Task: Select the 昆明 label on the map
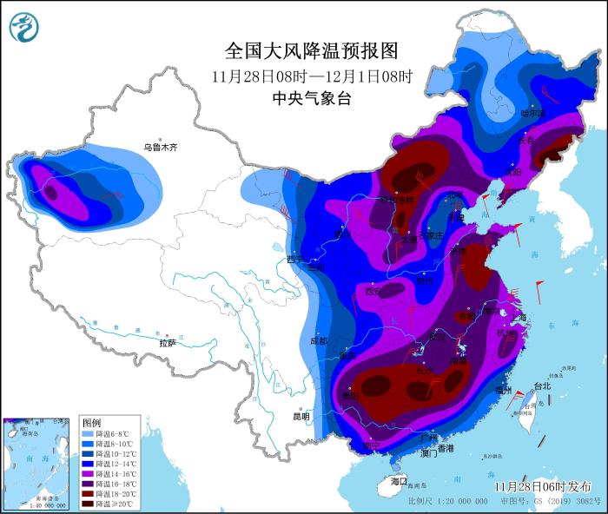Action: [301, 417]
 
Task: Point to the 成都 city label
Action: [318, 341]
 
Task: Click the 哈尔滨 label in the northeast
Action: [532, 113]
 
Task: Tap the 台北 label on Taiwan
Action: [542, 385]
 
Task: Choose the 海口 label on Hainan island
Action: [399, 480]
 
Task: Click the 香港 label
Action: [445, 449]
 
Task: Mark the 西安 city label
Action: [374, 292]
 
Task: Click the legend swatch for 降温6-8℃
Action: [89, 433]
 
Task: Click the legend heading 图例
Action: [91, 422]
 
